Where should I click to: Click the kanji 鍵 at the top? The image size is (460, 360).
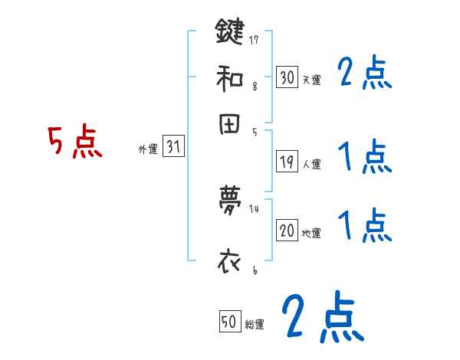click(230, 33)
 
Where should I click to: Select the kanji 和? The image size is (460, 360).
click(230, 78)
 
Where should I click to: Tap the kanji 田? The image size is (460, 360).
click(230, 126)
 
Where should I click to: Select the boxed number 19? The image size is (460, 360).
click(287, 162)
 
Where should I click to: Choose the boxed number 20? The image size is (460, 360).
click(287, 231)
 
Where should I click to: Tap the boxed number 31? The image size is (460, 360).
click(173, 148)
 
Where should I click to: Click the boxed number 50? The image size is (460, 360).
click(229, 323)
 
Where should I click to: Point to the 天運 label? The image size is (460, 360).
click(311, 80)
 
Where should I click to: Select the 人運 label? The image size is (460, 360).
click(311, 164)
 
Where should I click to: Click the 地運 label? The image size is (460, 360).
click(311, 233)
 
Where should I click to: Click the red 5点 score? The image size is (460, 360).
click(75, 142)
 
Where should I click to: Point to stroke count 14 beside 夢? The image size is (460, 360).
click(255, 208)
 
